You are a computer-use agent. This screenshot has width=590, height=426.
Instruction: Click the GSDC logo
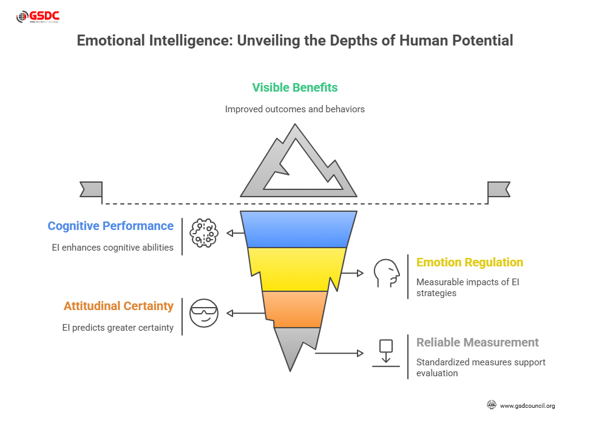[x=37, y=16]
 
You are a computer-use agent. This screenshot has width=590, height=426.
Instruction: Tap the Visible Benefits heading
[x=294, y=87]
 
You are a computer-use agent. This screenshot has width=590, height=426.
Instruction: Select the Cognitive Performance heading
[x=110, y=226]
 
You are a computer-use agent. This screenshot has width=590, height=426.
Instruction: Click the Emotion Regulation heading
[x=469, y=262]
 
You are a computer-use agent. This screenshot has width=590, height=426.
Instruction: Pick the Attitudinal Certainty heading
[x=118, y=306]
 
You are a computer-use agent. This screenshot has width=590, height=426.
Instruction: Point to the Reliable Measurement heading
[x=477, y=342]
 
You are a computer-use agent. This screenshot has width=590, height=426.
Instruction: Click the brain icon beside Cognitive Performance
[x=204, y=233]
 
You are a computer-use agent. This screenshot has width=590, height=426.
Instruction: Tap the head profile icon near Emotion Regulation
[x=387, y=273]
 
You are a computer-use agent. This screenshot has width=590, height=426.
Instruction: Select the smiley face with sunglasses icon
[x=203, y=313]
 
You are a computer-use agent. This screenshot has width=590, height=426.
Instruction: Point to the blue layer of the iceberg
[x=298, y=229]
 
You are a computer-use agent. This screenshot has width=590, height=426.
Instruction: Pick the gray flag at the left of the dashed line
[x=91, y=189]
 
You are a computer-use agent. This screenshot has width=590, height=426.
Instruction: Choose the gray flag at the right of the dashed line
[x=498, y=189]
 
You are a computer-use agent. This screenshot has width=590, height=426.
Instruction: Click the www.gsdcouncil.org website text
[x=527, y=405]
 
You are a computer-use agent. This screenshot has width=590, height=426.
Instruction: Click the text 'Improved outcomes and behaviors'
[x=295, y=109]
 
